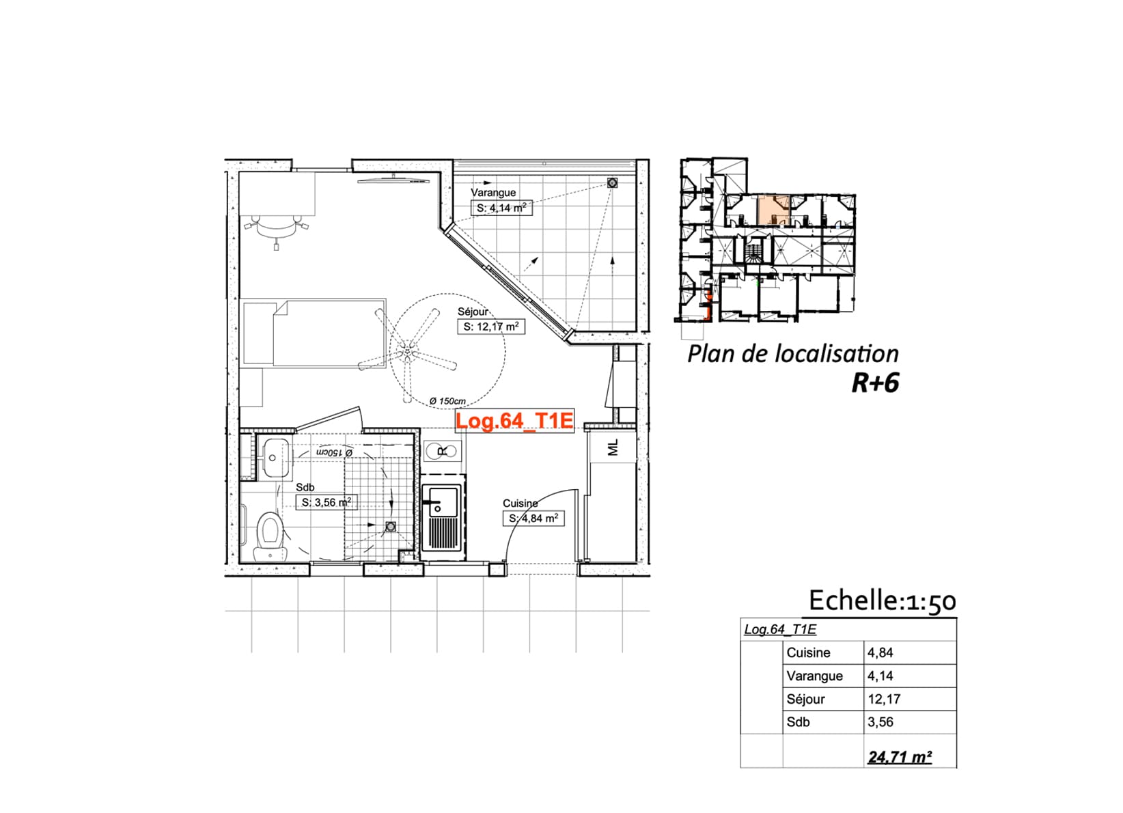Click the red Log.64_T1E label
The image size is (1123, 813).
[514, 420]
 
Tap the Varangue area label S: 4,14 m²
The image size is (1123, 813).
[501, 208]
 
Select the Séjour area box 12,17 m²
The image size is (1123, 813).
[491, 327]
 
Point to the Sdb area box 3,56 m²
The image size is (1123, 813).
[327, 502]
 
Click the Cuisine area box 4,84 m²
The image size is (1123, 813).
[533, 518]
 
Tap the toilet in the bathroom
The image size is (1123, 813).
[271, 536]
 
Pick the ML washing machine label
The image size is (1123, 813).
[613, 447]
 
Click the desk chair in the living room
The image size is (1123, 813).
[276, 228]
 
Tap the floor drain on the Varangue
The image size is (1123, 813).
[612, 182]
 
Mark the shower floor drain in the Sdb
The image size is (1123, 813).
[391, 526]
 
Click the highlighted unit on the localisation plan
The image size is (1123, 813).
[773, 210]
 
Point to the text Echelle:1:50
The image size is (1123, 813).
[883, 601]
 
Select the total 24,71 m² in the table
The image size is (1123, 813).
[900, 757]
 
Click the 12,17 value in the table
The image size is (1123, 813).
[885, 699]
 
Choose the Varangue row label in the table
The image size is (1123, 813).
[815, 676]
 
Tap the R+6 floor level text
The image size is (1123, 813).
[875, 383]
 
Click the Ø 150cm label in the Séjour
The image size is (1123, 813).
[447, 401]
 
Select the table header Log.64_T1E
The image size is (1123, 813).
[780, 629]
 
